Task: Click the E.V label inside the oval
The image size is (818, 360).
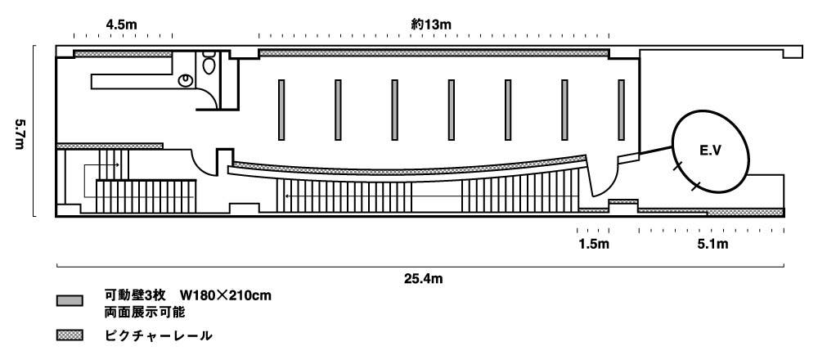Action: tap(710, 151)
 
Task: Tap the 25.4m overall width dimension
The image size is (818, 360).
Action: tap(423, 279)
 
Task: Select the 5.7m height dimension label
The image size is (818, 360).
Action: tap(20, 134)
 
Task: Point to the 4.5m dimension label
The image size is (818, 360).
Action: tap(122, 25)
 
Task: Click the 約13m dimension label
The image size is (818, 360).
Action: tap(430, 24)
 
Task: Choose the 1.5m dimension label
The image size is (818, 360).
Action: tap(594, 244)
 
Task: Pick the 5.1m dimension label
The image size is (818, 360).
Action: tap(712, 244)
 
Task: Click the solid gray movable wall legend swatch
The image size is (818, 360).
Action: tap(70, 300)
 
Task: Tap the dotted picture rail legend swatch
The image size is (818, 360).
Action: tap(70, 335)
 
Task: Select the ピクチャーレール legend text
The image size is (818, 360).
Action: tap(159, 335)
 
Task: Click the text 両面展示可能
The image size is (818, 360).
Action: tap(145, 313)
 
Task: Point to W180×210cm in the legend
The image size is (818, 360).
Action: tap(226, 295)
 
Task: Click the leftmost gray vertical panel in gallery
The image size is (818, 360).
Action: tap(281, 110)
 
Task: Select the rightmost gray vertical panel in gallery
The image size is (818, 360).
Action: tap(621, 110)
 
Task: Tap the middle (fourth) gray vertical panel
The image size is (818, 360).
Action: tap(452, 110)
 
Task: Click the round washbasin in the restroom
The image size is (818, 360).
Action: tap(185, 80)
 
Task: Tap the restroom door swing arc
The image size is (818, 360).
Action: tap(208, 99)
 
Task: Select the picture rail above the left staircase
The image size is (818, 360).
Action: tap(110, 146)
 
